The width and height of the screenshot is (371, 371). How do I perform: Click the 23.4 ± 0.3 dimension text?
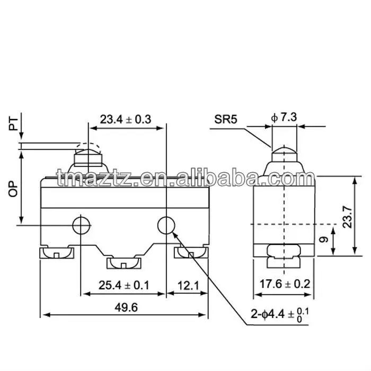126,119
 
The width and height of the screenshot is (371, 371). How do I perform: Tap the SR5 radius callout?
225,119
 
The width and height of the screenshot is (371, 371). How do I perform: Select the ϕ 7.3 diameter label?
284,117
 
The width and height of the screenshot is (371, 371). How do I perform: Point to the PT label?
13,123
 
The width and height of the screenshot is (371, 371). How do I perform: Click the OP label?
13,189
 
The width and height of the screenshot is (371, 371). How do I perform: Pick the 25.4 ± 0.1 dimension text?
124,285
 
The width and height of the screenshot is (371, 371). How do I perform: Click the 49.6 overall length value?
126,307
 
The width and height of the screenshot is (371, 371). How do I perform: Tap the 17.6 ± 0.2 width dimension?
285,284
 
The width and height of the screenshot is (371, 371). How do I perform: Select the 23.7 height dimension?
347,217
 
